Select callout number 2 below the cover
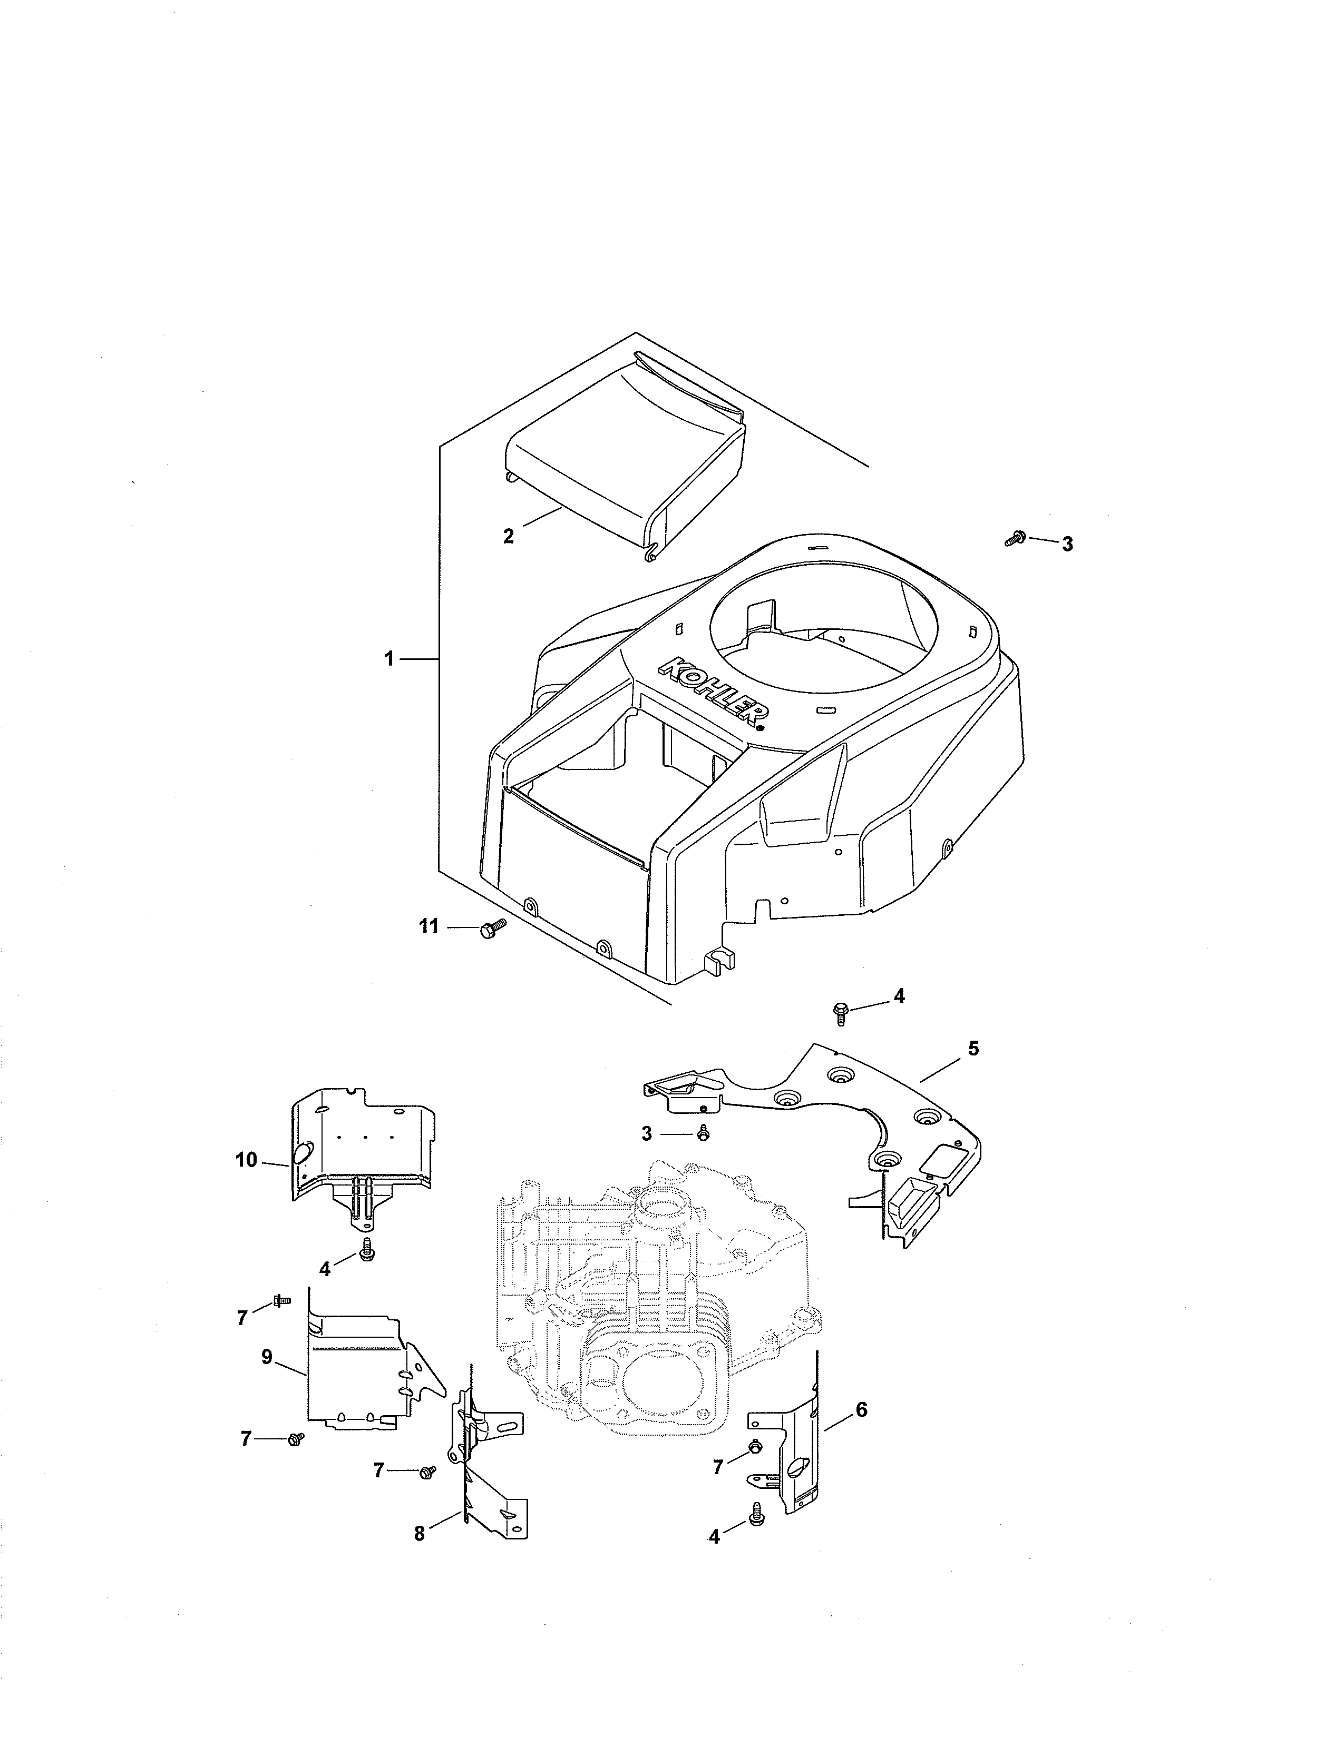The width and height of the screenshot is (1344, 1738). pos(509,536)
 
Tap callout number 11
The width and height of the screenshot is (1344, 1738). pos(429,927)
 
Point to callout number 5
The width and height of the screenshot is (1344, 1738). pos(973,1049)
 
